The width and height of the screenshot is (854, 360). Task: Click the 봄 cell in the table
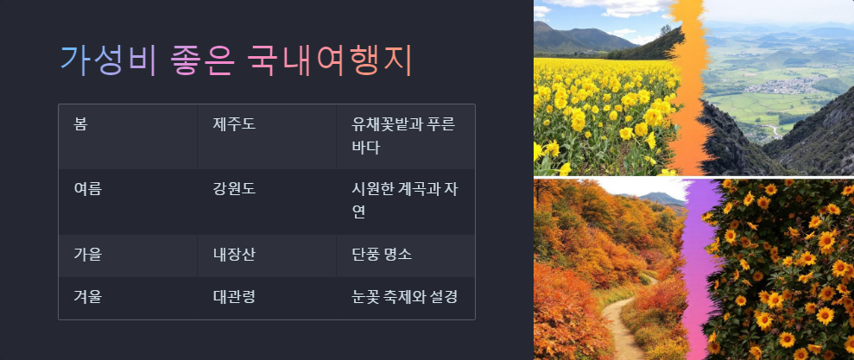tap(80, 123)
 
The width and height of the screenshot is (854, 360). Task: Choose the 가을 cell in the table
tap(87, 255)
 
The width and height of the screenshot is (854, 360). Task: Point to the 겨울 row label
tap(87, 298)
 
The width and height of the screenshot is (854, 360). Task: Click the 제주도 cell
tap(234, 123)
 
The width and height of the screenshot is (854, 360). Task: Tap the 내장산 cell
tap(234, 255)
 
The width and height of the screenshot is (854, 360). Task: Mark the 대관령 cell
tap(234, 298)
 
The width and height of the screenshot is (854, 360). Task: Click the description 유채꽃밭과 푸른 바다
tap(403, 135)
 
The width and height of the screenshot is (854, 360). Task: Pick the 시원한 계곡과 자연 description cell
tap(404, 199)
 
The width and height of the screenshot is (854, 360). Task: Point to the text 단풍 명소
tap(382, 255)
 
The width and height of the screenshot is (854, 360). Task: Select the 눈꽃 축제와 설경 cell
tap(404, 298)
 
